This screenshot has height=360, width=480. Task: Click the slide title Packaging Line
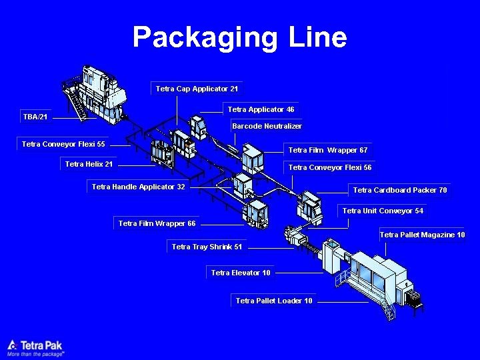[x=240, y=37]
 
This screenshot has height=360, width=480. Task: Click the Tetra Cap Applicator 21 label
[x=197, y=89]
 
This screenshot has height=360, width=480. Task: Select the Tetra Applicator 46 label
[x=261, y=109]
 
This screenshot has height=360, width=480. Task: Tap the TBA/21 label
[x=35, y=117]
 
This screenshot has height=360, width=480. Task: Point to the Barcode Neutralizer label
[x=267, y=126]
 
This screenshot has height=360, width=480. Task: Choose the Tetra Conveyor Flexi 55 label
[x=63, y=144]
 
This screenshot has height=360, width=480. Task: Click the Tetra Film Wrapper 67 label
[x=328, y=150]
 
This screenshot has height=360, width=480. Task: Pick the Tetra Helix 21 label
[x=89, y=164]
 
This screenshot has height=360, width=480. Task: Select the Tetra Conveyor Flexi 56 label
[x=330, y=168]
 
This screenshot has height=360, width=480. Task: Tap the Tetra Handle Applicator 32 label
[x=139, y=187]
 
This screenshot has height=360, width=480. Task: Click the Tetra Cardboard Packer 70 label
[x=400, y=191]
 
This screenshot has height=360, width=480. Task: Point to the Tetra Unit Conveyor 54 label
[x=383, y=211]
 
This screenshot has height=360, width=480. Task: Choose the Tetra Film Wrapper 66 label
[x=157, y=223]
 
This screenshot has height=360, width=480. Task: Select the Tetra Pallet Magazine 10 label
[x=422, y=235]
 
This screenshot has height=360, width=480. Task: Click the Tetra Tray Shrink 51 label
[x=207, y=247]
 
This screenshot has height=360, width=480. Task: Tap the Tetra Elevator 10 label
[x=241, y=273]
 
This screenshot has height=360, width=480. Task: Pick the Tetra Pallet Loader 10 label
[x=274, y=301]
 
